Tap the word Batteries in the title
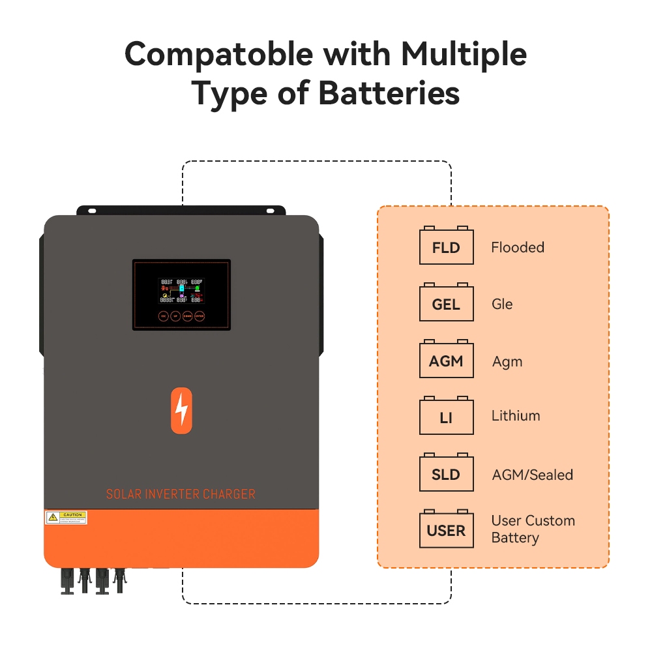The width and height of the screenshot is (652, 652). pyautogui.click(x=389, y=94)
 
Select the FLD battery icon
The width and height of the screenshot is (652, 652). pyautogui.click(x=446, y=247)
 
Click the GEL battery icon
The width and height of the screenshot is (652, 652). pyautogui.click(x=446, y=304)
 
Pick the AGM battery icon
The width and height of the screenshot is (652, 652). pyautogui.click(x=446, y=361)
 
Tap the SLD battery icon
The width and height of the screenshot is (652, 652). pyautogui.click(x=446, y=474)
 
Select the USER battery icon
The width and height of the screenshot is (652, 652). pyautogui.click(x=446, y=530)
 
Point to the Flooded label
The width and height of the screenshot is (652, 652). pyautogui.click(x=518, y=247)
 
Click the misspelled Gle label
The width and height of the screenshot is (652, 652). pyautogui.click(x=502, y=304)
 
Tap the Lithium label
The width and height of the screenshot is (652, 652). pyautogui.click(x=516, y=415)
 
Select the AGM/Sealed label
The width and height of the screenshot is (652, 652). pyautogui.click(x=533, y=475)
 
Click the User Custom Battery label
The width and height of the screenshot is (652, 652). pyautogui.click(x=533, y=529)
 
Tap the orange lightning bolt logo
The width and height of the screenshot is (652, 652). pyautogui.click(x=181, y=410)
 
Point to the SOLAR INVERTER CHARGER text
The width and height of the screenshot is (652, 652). pyautogui.click(x=181, y=494)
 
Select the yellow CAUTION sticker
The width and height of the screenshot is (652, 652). pyautogui.click(x=66, y=518)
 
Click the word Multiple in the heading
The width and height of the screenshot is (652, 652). pyautogui.click(x=464, y=55)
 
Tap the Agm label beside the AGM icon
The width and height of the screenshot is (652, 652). pyautogui.click(x=507, y=362)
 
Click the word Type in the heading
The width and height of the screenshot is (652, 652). pyautogui.click(x=227, y=94)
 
